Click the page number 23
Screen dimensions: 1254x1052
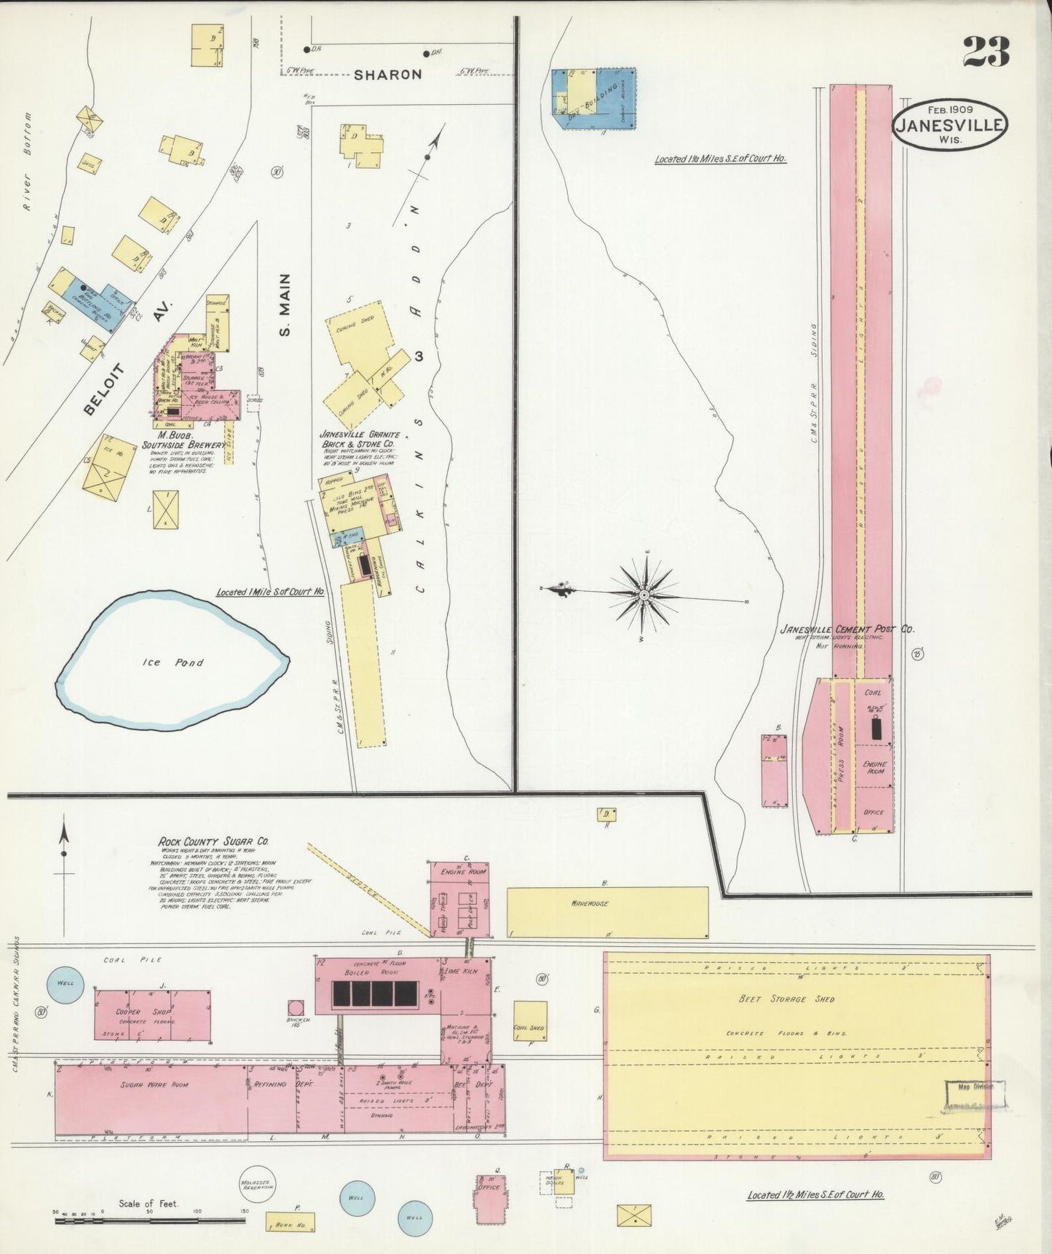pyautogui.click(x=986, y=52)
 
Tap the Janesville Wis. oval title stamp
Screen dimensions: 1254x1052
pyautogui.click(x=950, y=124)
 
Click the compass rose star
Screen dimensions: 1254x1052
pyautogui.click(x=644, y=595)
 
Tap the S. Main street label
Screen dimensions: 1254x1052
pyautogui.click(x=285, y=305)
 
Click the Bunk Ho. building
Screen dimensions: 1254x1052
pyautogui.click(x=290, y=1225)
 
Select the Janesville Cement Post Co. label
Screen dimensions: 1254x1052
pyautogui.click(x=847, y=630)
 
